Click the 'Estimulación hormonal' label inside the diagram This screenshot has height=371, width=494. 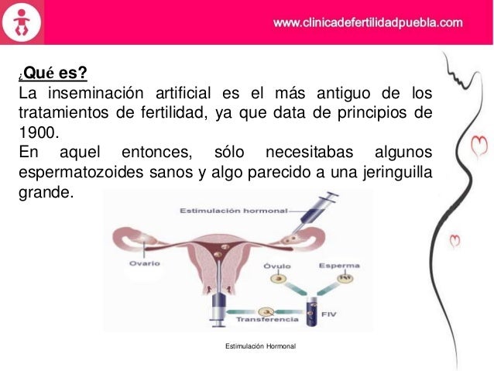tap(233, 211)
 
